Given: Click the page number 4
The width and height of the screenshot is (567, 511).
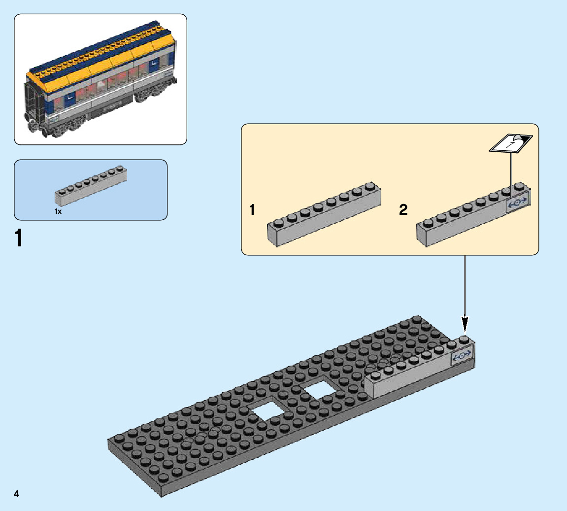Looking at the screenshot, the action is [17, 494].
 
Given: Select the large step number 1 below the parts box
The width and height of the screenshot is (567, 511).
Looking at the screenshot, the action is [19, 238].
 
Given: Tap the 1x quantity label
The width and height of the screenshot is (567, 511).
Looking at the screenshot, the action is [58, 211].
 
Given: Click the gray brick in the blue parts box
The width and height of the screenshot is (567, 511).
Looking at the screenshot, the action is [91, 186].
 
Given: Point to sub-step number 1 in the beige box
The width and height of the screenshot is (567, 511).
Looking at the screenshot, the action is [252, 210].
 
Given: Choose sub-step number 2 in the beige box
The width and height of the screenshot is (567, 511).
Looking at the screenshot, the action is [403, 210].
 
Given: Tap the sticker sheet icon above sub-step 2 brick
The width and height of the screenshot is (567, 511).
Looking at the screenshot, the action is [511, 143].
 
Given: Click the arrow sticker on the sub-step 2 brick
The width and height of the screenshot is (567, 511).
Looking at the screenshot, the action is [518, 202].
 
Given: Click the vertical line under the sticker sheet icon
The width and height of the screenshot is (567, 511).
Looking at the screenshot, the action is [511, 170].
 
